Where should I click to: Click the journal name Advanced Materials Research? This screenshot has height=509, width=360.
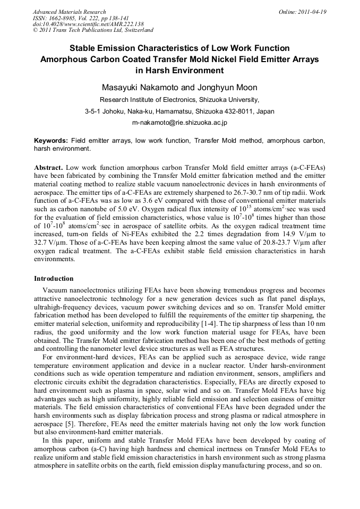tap(69, 12)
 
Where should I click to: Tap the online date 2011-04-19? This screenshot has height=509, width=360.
tap(311, 12)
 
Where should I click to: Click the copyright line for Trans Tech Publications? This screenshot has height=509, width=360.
tap(93, 30)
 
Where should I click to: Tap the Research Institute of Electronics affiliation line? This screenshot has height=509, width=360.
tap(179, 99)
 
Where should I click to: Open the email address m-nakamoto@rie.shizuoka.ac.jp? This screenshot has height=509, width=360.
tap(179, 123)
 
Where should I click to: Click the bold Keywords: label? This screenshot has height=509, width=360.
tap(51, 141)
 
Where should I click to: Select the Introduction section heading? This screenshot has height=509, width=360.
tap(54, 279)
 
